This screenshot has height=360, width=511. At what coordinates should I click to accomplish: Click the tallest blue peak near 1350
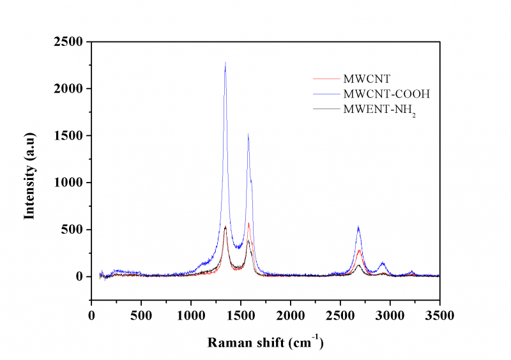click(225, 63)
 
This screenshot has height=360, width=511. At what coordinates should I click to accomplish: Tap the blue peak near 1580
click(248, 135)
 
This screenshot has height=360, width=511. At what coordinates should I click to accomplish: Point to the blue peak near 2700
click(358, 227)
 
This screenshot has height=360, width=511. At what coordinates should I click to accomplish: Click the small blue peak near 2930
click(383, 263)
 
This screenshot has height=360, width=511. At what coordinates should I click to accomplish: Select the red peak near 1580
click(248, 223)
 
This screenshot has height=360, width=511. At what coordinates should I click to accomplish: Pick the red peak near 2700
click(360, 250)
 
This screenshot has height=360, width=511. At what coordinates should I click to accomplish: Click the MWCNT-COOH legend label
click(386, 94)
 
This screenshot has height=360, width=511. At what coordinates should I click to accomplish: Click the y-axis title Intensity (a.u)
click(29, 176)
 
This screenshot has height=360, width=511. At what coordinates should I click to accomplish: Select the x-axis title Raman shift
click(265, 343)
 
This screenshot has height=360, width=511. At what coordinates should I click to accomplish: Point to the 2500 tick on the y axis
click(70, 42)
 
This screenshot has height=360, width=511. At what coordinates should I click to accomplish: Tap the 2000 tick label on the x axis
click(291, 315)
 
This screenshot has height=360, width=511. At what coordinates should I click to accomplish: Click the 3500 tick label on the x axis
click(439, 315)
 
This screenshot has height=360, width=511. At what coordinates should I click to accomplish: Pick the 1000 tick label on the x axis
click(191, 315)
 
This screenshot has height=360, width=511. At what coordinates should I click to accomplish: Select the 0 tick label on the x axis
click(91, 315)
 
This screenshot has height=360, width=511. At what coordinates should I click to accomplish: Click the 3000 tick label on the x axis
click(390, 315)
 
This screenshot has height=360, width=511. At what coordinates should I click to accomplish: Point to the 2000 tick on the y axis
click(70, 89)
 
